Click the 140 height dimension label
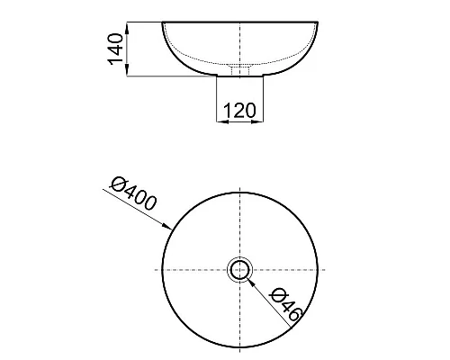click(115, 49)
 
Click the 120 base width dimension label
click(239, 111)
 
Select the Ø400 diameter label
click(133, 193)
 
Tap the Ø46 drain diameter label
click(285, 304)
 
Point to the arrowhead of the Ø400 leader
click(166, 226)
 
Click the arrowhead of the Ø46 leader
click(251, 282)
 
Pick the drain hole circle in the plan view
click(239, 270)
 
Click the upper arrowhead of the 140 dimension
click(127, 28)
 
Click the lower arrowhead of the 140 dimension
click(127, 71)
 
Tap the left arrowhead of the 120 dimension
click(222, 121)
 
